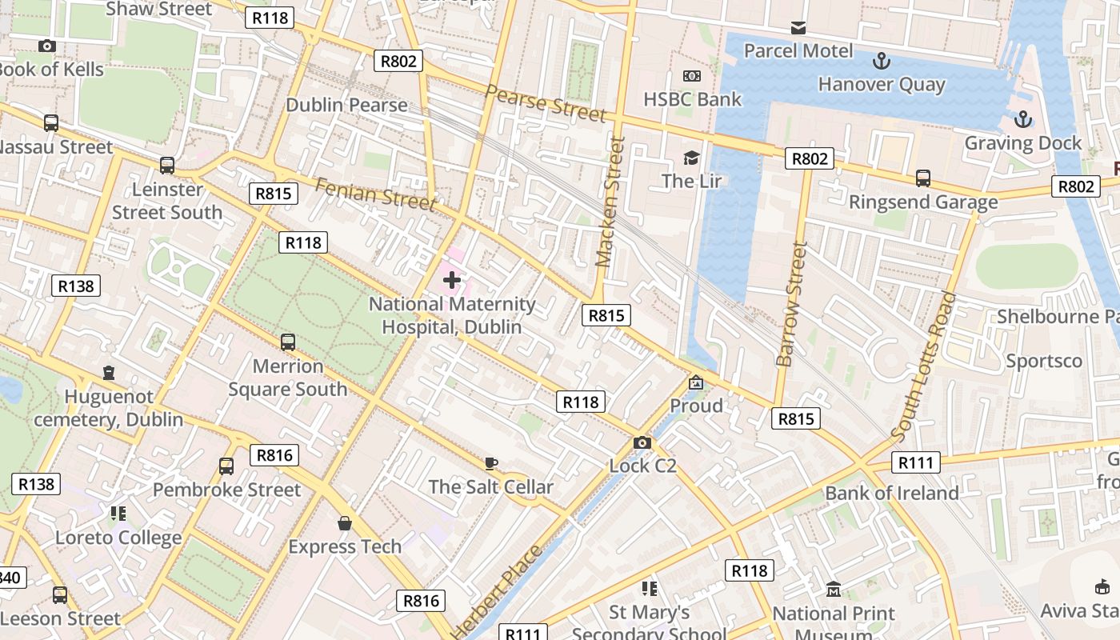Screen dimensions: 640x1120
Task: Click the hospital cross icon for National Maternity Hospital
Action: click(452, 280)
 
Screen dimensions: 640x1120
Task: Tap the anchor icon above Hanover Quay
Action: click(881, 61)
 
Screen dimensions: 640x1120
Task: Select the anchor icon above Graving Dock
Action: click(1022, 120)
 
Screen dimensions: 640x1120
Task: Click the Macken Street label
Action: click(610, 202)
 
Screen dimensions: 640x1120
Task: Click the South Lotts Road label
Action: click(923, 367)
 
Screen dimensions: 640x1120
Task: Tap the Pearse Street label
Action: click(546, 103)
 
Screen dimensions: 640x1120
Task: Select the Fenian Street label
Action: click(375, 195)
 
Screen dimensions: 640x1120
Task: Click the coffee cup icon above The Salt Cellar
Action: click(491, 463)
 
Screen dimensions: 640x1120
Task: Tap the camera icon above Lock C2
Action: click(642, 442)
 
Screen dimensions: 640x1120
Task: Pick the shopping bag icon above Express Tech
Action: click(345, 523)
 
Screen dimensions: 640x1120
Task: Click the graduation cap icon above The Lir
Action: click(691, 158)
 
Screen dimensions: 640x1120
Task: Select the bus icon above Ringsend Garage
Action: click(923, 178)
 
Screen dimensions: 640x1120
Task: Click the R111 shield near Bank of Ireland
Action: click(915, 462)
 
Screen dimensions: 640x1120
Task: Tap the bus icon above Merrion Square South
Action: click(288, 342)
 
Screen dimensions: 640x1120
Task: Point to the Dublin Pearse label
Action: click(346, 105)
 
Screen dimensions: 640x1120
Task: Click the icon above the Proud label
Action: click(696, 383)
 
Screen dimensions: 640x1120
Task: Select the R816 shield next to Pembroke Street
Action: click(274, 455)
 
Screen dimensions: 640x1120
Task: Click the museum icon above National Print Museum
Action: click(834, 590)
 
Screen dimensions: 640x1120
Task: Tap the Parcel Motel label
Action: click(798, 50)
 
